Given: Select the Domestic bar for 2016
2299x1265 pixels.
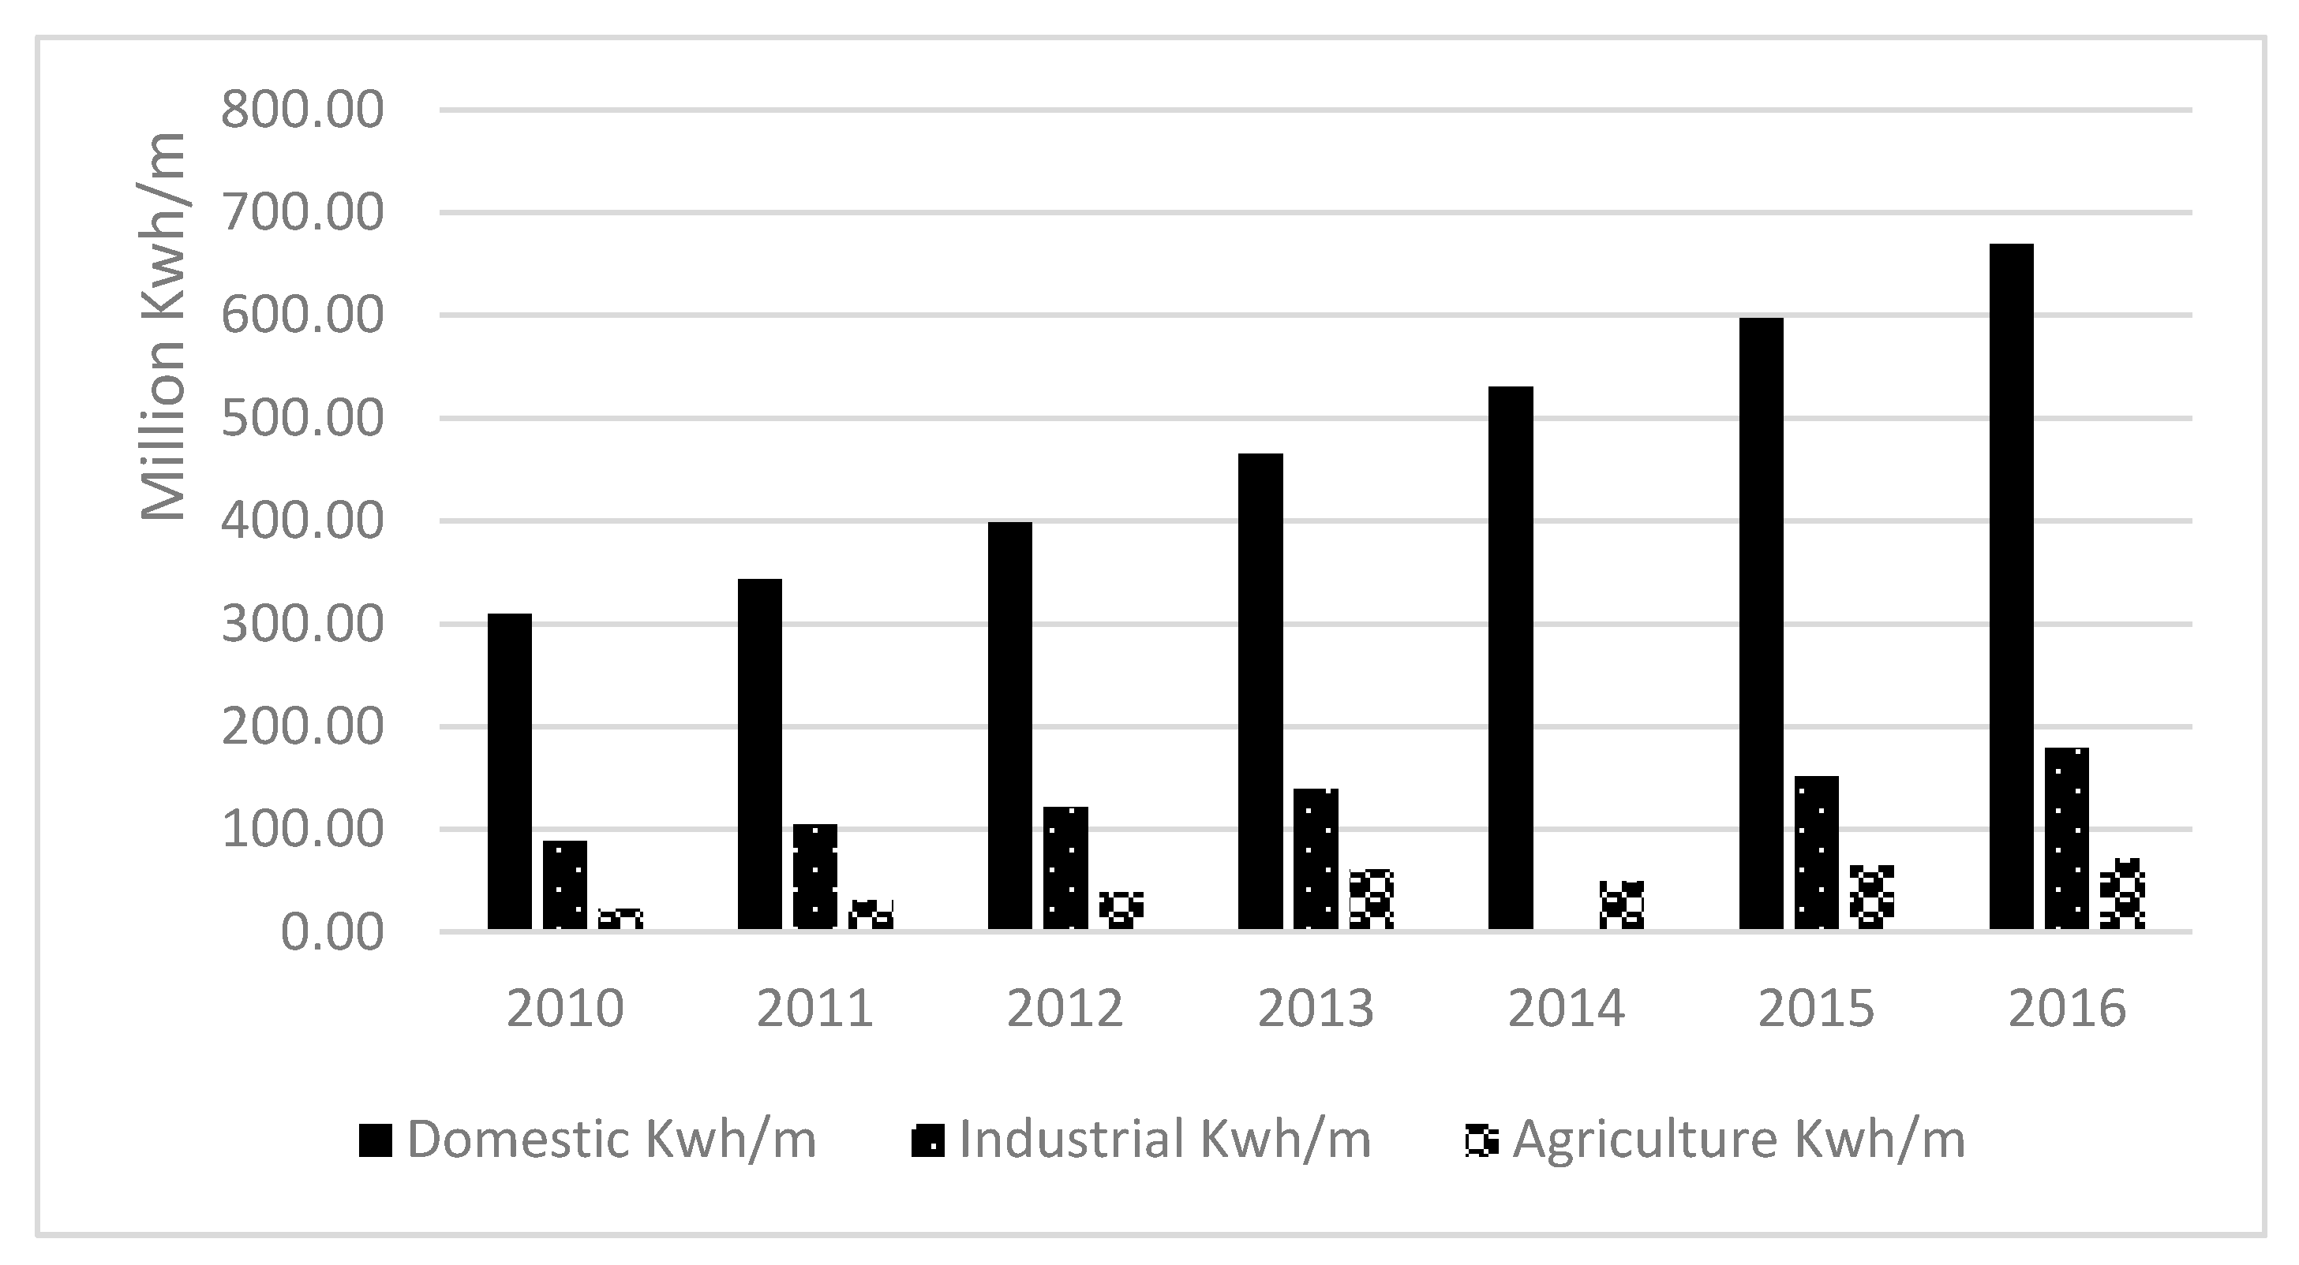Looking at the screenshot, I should click(x=2012, y=586).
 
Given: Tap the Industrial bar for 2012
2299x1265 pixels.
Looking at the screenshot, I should click(x=1065, y=868).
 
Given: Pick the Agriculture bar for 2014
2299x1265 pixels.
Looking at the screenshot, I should click(x=1622, y=905).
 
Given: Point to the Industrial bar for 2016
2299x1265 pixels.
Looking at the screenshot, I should click(x=2067, y=838).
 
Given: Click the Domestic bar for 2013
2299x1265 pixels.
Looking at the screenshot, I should click(x=1260, y=692).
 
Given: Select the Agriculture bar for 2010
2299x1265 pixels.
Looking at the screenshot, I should click(x=620, y=920).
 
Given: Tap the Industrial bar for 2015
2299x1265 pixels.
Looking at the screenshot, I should click(x=1816, y=853).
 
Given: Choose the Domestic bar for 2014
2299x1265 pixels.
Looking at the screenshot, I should click(x=1511, y=659).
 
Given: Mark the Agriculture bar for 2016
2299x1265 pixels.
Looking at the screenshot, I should click(x=2122, y=896).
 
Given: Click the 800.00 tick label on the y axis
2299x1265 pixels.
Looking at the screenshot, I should click(x=302, y=111).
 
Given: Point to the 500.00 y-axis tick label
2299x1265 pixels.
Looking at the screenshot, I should click(x=302, y=420).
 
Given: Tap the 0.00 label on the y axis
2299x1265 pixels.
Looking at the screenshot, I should click(x=332, y=933).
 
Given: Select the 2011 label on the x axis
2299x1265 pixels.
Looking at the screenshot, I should click(x=814, y=1009).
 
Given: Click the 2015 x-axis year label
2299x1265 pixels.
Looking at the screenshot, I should click(x=1816, y=1009).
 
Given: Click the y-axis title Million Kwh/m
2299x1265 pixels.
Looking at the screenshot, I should click(x=163, y=326).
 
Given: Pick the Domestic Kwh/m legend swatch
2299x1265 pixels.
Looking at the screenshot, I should click(x=376, y=1140).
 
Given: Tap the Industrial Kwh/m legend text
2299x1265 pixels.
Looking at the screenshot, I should click(x=1165, y=1140).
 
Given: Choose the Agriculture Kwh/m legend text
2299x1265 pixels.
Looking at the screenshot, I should click(x=1739, y=1140).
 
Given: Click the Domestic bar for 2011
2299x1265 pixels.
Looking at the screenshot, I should click(x=759, y=755).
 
